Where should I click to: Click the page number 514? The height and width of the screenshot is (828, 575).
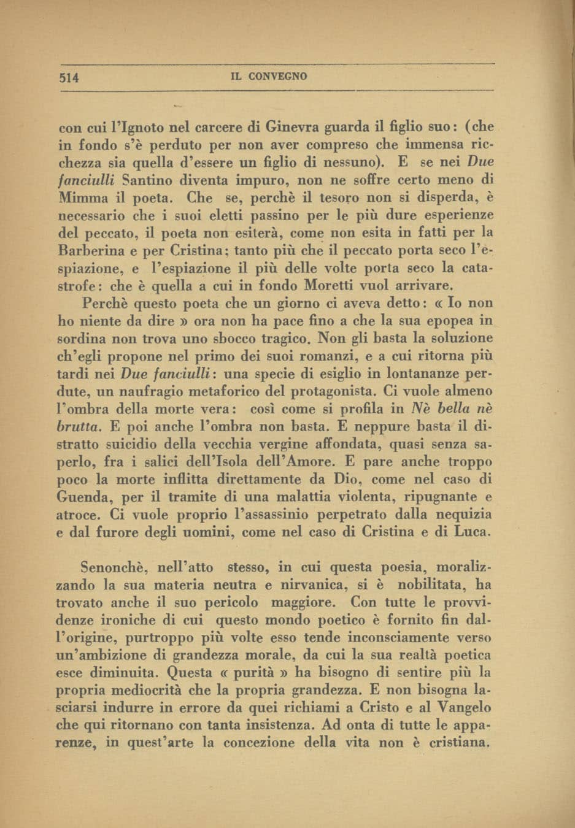click(69, 77)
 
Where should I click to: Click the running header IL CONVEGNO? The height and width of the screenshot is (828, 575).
click(268, 77)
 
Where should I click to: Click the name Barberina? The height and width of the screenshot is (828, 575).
click(91, 251)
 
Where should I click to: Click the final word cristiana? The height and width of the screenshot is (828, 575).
click(456, 743)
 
